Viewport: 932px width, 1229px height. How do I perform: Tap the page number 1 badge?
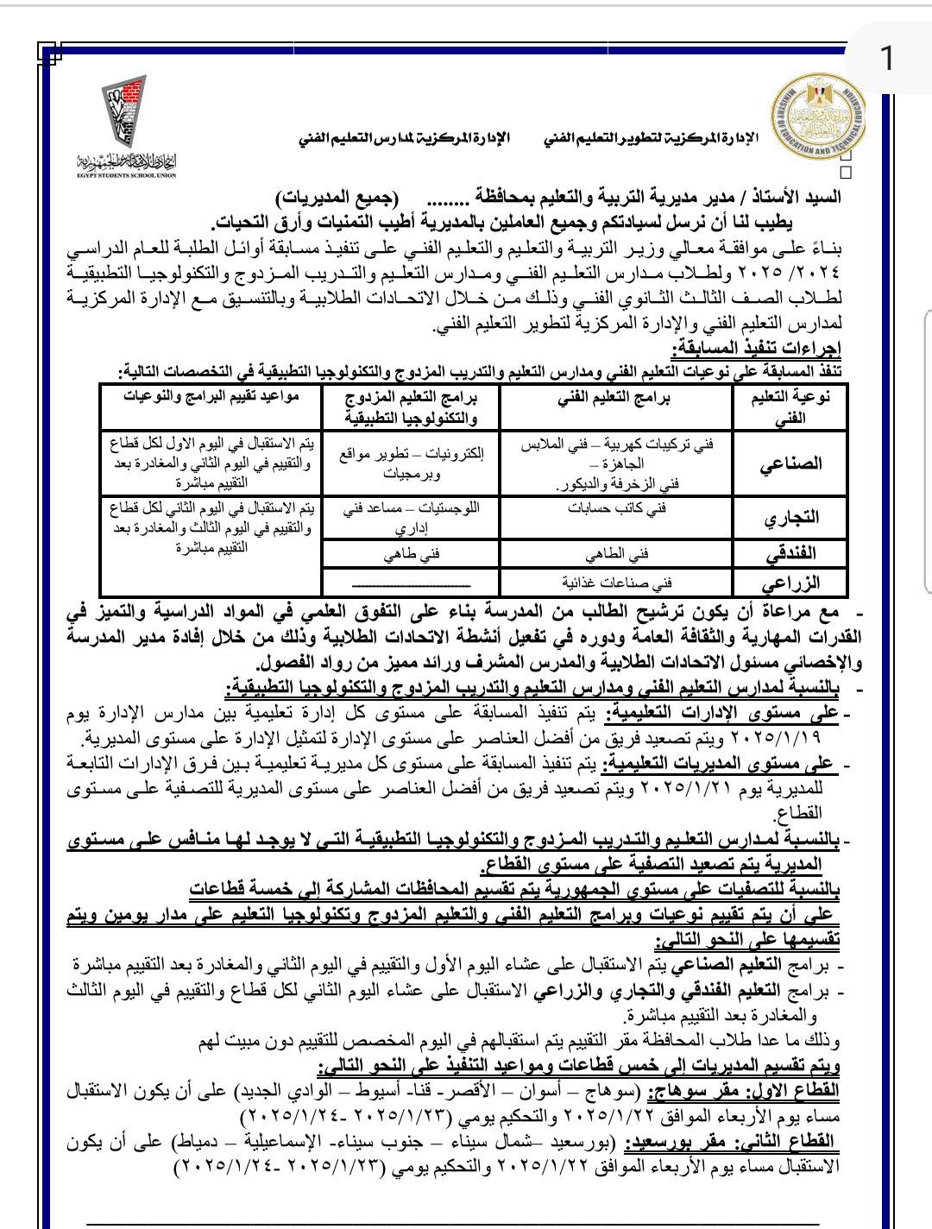[886, 59]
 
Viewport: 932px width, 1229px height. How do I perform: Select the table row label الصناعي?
[790, 463]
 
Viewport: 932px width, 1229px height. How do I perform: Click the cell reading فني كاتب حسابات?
[616, 508]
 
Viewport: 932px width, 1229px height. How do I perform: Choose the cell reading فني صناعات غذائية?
[616, 581]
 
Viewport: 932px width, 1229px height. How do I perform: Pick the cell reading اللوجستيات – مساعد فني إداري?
[411, 517]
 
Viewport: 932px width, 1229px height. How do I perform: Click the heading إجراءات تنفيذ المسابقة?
[757, 349]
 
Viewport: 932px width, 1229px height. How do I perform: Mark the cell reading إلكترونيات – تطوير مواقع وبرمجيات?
[411, 463]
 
